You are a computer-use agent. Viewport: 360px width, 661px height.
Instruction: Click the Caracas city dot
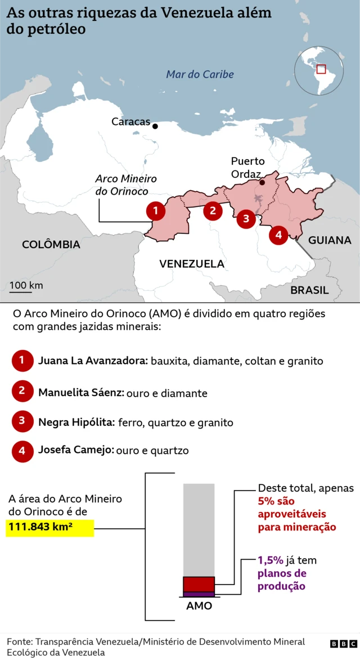point(155,126)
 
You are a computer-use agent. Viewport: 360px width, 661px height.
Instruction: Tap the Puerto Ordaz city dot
point(262,182)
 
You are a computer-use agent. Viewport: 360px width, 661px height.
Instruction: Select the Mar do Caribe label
point(200,74)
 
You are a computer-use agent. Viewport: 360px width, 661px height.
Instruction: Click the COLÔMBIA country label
point(51,245)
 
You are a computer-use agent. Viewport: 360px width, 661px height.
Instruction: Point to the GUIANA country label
point(330,240)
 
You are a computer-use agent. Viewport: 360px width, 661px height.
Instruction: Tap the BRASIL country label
point(309,290)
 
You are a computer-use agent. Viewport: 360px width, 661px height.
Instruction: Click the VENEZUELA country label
point(192,264)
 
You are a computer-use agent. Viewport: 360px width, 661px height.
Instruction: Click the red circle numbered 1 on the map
point(156,211)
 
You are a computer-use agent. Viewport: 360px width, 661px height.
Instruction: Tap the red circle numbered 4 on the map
point(278,235)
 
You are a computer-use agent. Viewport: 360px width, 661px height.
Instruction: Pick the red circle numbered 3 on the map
point(246,218)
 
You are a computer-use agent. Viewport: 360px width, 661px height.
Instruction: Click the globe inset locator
point(319,70)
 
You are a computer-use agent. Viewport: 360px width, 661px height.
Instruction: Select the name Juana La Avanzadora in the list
point(93,361)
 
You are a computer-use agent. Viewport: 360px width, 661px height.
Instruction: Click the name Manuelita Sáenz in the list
point(81,393)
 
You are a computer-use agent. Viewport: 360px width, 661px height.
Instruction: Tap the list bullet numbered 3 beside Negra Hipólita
point(22,421)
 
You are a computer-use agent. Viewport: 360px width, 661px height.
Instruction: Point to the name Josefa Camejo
point(76,450)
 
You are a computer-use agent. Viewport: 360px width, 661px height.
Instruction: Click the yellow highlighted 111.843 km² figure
point(49,528)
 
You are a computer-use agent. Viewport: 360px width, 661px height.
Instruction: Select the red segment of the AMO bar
point(199,583)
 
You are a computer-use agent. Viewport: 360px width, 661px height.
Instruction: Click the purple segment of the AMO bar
point(199,594)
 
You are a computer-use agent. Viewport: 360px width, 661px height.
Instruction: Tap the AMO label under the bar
point(199,606)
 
